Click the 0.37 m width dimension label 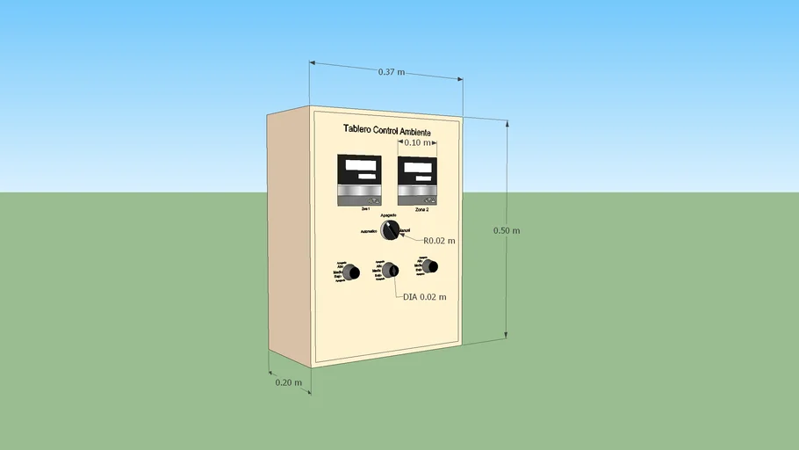(x=392, y=72)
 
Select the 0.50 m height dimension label (x=507, y=230)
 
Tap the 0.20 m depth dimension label (x=288, y=382)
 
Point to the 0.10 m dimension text (x=417, y=142)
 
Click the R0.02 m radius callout (x=439, y=240)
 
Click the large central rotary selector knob (x=390, y=229)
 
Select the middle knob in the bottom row (x=388, y=269)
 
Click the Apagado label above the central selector (x=388, y=215)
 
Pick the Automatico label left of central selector (x=369, y=231)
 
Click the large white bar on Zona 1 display (x=359, y=164)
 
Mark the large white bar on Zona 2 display (x=417, y=163)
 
